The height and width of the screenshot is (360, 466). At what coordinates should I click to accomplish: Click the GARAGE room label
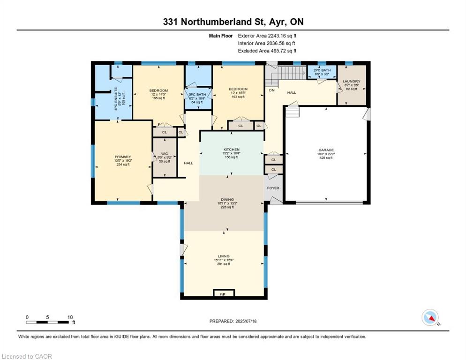click(326, 150)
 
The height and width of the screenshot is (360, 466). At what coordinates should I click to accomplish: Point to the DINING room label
click(227, 199)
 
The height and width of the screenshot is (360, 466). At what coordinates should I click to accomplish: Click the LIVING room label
click(223, 256)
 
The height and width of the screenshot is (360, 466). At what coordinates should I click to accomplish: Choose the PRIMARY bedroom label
click(122, 157)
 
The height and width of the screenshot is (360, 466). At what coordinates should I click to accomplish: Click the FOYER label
click(273, 188)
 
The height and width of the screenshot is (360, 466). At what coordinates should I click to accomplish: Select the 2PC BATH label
click(321, 70)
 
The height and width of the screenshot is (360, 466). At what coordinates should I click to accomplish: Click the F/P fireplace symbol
click(223, 294)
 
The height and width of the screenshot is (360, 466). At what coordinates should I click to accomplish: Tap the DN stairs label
click(271, 90)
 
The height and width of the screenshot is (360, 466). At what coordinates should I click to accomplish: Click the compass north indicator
click(430, 317)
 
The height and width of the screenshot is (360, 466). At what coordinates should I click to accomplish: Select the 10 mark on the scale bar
click(70, 317)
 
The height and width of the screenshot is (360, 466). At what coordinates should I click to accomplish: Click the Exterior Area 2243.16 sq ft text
click(267, 35)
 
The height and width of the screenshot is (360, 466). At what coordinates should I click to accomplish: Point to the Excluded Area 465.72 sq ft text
click(267, 51)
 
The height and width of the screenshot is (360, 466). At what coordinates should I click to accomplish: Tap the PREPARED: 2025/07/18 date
click(233, 321)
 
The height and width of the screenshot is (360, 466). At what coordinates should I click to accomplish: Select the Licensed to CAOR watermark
click(27, 357)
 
